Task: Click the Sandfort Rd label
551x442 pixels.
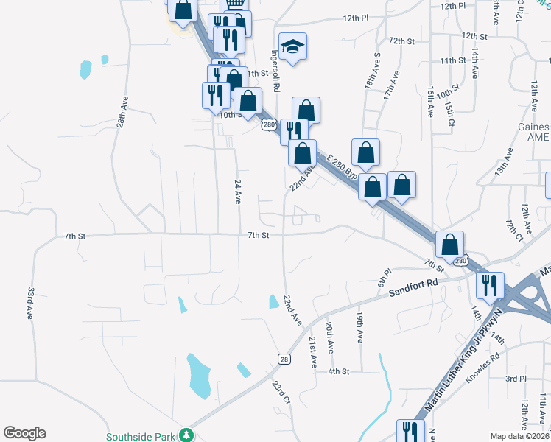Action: pyautogui.click(x=413, y=286)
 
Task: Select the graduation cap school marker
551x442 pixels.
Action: pyautogui.click(x=293, y=47)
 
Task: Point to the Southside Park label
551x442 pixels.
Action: pyautogui.click(x=142, y=436)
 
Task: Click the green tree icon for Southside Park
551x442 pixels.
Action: pyautogui.click(x=188, y=435)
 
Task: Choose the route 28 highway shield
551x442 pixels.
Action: pyautogui.click(x=284, y=358)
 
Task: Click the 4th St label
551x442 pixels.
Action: pyautogui.click(x=338, y=372)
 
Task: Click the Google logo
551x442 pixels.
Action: pyautogui.click(x=24, y=433)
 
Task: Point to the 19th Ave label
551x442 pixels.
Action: pyautogui.click(x=359, y=326)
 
